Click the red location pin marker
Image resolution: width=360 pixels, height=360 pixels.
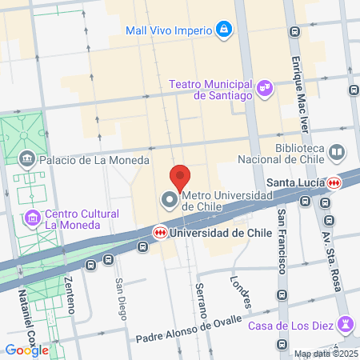point(180,176)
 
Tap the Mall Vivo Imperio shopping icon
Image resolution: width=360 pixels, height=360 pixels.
point(225,31)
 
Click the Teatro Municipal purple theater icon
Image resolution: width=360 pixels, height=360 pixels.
point(264,85)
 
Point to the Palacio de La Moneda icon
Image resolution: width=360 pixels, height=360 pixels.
point(28,159)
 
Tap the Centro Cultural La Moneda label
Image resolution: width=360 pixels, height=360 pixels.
point(82,218)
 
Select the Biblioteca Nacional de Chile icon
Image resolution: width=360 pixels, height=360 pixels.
point(338,151)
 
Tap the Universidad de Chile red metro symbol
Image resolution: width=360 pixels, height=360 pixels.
point(160,232)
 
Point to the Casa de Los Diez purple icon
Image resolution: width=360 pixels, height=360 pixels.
point(345,324)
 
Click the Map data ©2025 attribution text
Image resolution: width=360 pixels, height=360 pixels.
point(325,354)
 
